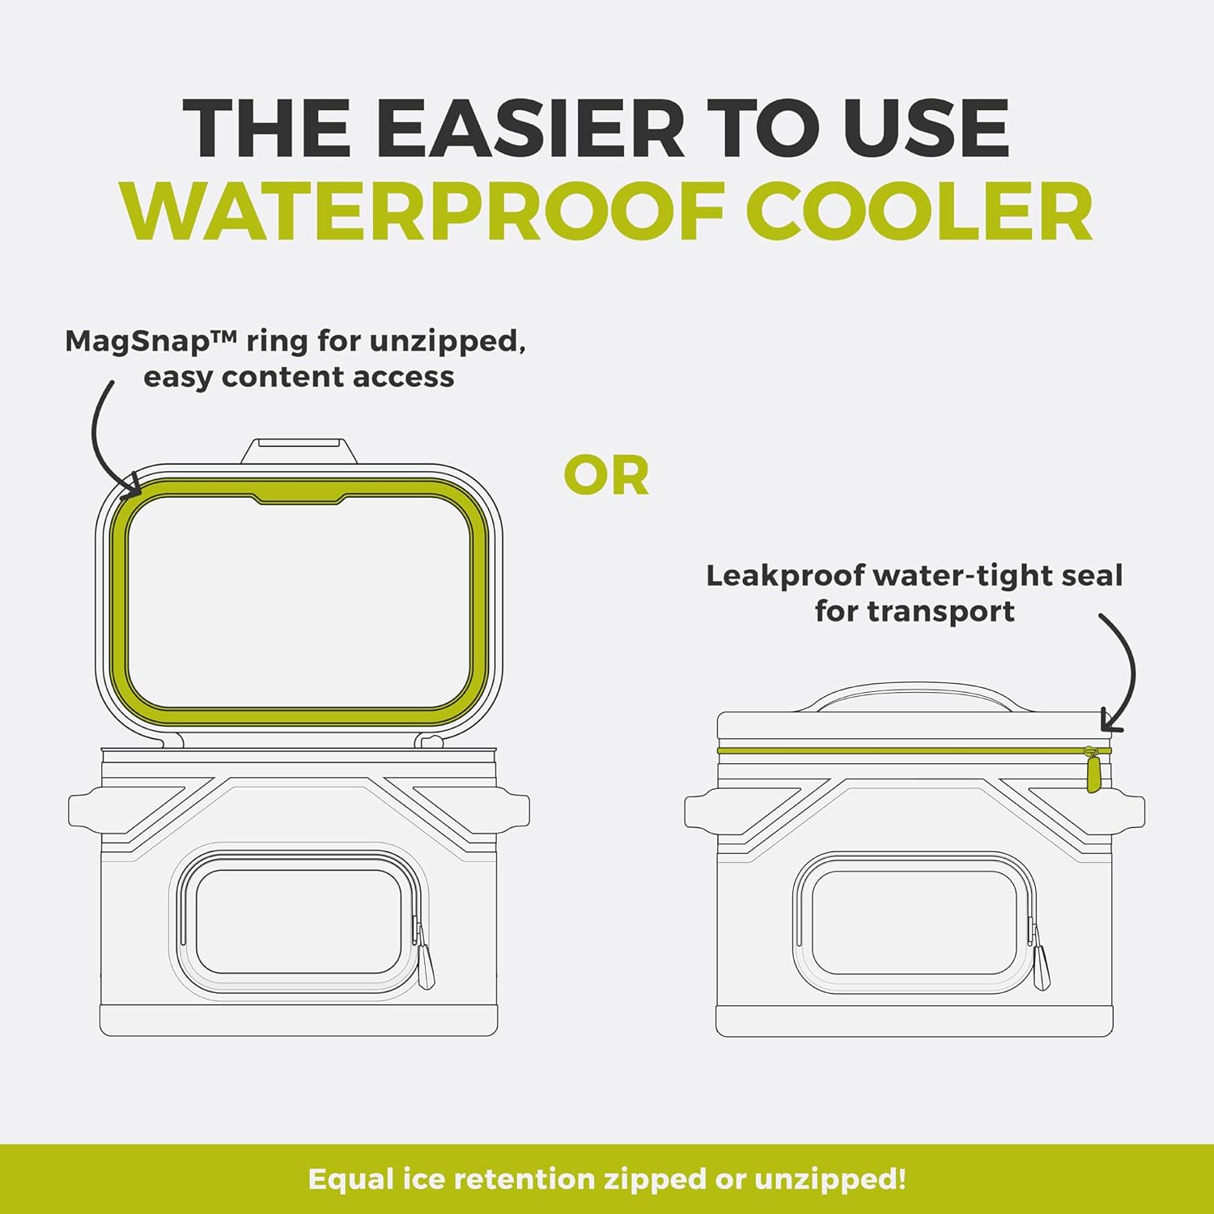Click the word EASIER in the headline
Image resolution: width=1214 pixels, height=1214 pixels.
(530, 129)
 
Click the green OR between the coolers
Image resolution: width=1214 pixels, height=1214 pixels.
(606, 476)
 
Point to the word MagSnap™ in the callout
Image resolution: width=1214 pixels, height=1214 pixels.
(151, 341)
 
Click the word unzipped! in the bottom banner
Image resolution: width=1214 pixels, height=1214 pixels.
(830, 1179)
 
